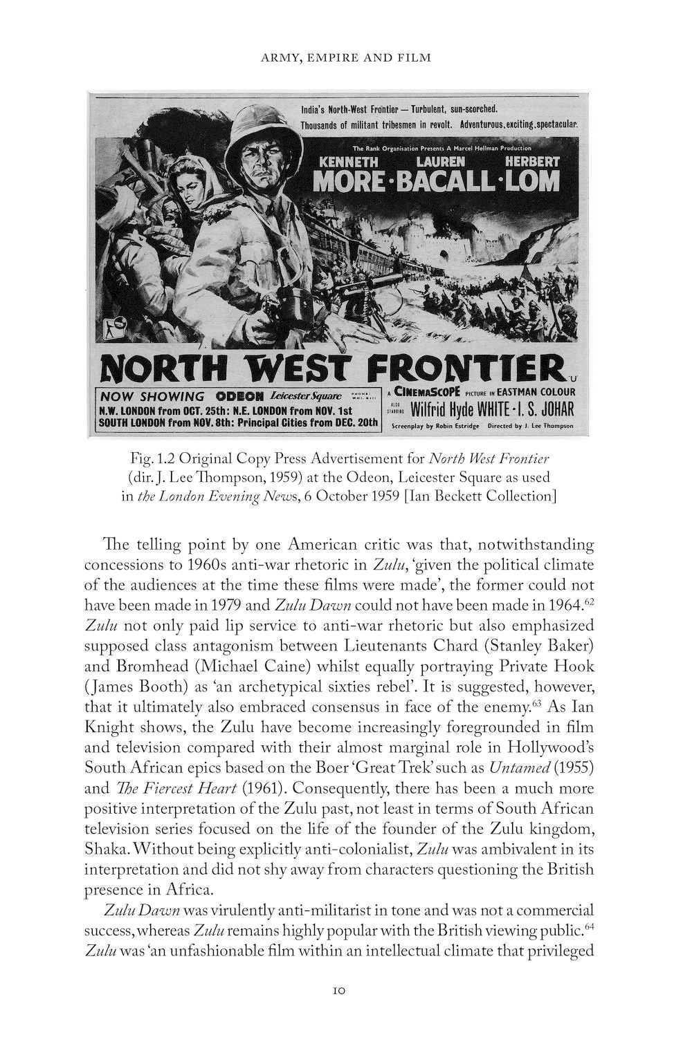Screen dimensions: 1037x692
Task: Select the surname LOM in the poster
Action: tap(533, 181)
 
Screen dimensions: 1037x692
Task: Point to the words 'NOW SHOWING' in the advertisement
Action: tap(152, 397)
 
